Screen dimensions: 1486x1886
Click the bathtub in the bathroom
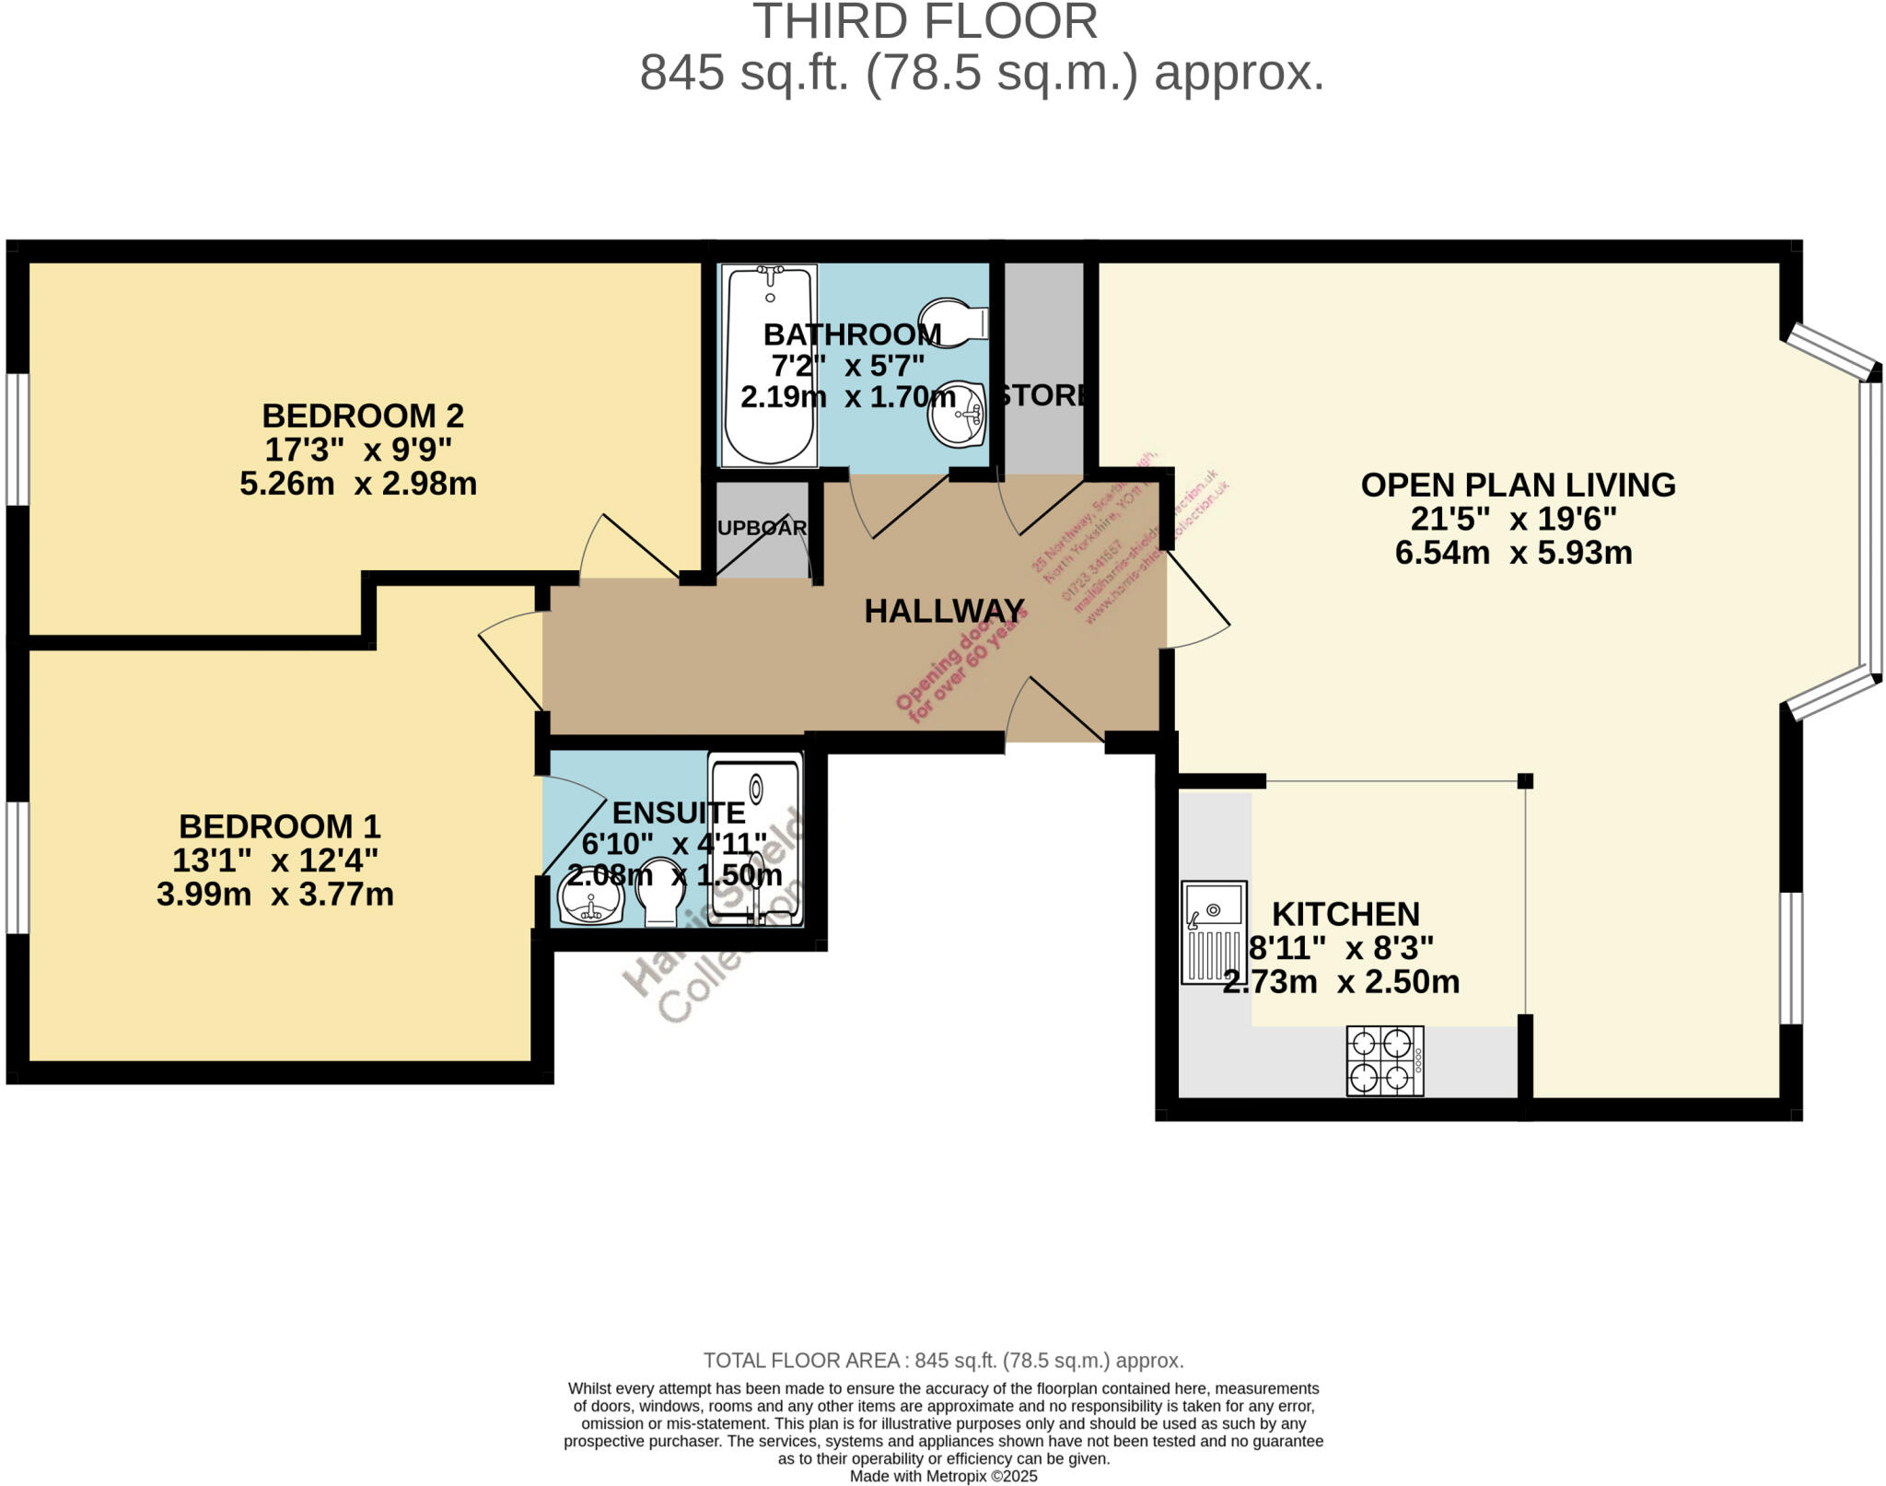769,369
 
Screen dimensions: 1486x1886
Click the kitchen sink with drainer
1214,931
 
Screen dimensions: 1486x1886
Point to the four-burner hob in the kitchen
1384,1060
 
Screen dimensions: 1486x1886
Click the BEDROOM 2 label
362,415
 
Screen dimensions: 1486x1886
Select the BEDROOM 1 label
279,825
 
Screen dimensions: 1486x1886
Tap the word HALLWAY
944,611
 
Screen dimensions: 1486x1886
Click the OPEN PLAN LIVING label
1517,485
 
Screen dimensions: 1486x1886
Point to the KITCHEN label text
1345,914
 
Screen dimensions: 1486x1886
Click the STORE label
1042,395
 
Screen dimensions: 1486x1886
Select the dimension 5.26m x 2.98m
358,484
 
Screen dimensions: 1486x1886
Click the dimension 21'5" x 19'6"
1513,519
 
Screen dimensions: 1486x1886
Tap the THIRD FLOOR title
926,22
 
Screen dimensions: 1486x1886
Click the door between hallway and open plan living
1197,599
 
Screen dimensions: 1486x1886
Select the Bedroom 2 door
635,548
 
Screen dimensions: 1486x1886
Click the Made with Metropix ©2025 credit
943,1476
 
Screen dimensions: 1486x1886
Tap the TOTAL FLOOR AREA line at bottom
943,1360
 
